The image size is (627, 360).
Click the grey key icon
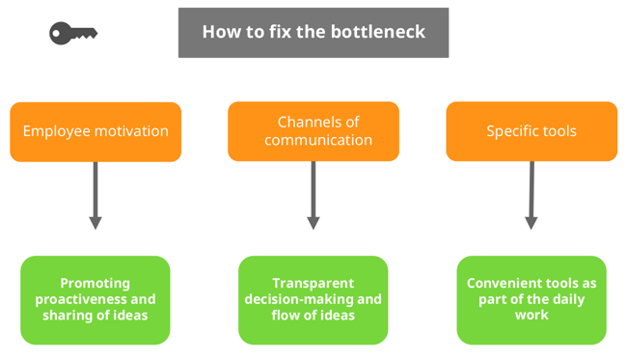[x=73, y=33]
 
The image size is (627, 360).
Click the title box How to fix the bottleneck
[x=313, y=32]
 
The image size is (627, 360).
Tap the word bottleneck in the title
[x=379, y=32]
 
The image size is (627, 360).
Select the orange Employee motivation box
[x=95, y=131]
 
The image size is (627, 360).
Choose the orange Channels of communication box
[x=313, y=131]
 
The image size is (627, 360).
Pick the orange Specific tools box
[x=531, y=131]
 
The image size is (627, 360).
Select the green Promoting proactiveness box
[x=95, y=299]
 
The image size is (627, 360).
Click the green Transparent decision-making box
[x=313, y=299]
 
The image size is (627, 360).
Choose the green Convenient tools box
[x=531, y=299]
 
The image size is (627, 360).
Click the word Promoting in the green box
[x=95, y=284]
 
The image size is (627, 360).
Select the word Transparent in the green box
[x=313, y=284]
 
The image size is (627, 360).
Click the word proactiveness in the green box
[x=81, y=299]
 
